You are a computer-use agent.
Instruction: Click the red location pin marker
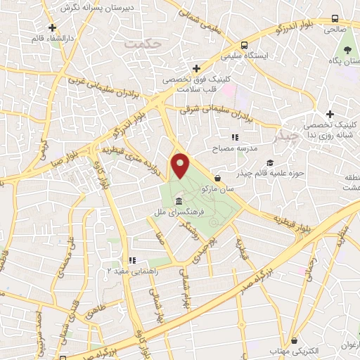click(x=181, y=165)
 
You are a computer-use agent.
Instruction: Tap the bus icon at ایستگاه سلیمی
click(x=243, y=43)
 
